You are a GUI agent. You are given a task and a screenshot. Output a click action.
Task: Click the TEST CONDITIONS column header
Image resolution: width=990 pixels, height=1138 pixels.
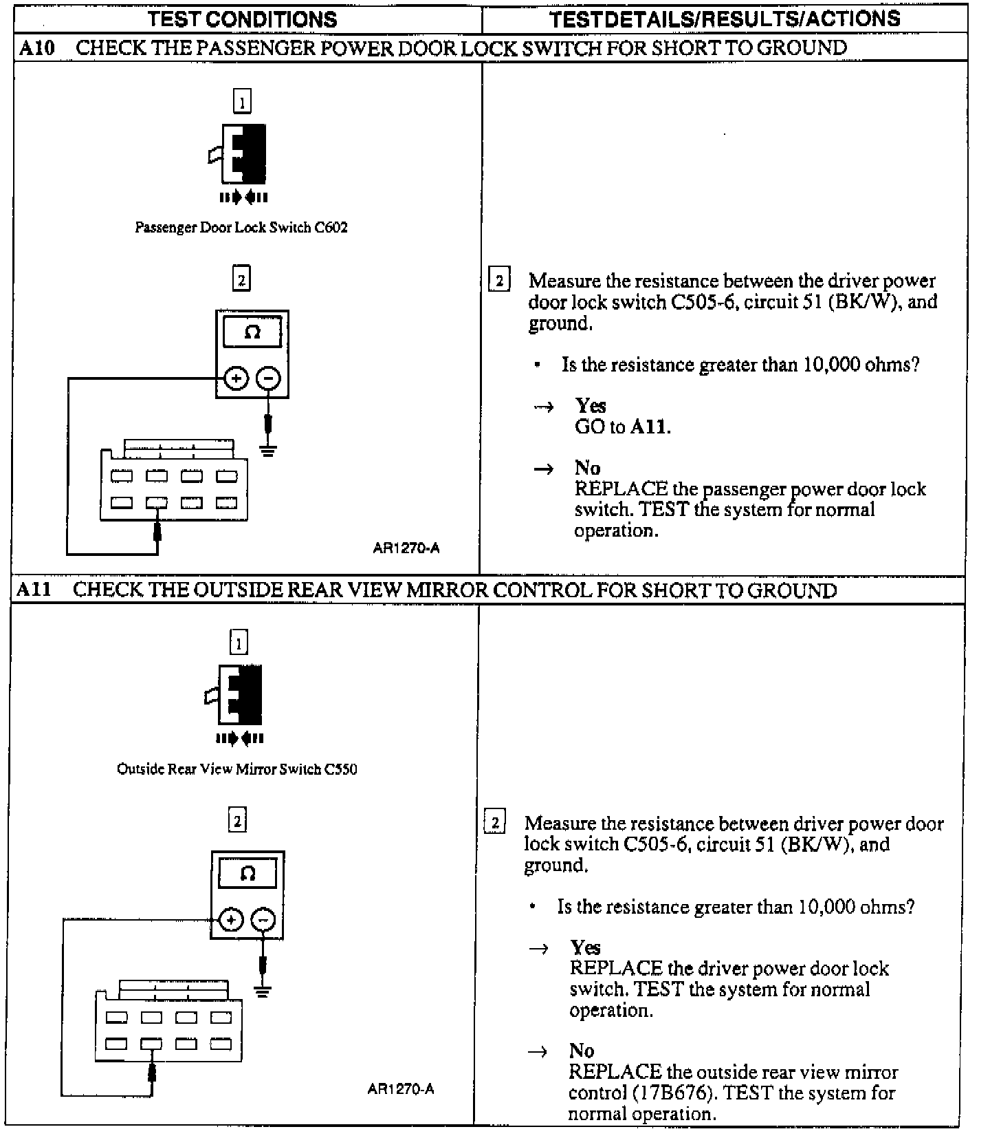point(243,19)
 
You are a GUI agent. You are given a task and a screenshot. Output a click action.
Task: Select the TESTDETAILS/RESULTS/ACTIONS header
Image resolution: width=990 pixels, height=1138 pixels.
point(725,19)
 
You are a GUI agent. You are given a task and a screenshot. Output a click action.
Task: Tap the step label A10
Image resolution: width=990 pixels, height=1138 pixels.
point(36,48)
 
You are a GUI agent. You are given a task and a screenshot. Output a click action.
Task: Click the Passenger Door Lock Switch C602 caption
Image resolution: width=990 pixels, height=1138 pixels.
point(241,227)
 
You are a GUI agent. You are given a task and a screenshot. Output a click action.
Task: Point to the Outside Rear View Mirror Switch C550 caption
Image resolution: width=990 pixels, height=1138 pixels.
point(237,769)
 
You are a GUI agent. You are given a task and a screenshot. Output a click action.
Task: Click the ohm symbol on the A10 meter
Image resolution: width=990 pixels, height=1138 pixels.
point(252,333)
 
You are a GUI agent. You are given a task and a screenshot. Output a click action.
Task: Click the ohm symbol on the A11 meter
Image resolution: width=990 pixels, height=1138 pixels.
point(248,874)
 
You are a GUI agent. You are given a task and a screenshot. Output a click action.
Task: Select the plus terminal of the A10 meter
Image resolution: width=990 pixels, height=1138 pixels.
point(236,378)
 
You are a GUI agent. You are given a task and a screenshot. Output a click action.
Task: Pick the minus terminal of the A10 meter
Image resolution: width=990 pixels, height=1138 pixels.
point(268,378)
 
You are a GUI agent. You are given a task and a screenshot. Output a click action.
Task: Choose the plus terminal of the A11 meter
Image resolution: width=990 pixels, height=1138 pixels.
point(231,920)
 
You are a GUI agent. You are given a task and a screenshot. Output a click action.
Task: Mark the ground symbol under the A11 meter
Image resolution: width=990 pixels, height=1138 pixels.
point(262,991)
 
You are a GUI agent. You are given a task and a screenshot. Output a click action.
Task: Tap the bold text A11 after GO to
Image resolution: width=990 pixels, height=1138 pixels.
point(648,427)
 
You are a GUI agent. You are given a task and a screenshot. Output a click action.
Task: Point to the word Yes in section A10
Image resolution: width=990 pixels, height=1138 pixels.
point(591,405)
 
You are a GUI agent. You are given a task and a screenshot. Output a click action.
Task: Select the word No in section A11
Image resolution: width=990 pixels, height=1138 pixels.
point(582,1051)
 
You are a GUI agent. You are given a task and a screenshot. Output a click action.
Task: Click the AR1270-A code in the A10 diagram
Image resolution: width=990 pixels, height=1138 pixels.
point(406,548)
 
